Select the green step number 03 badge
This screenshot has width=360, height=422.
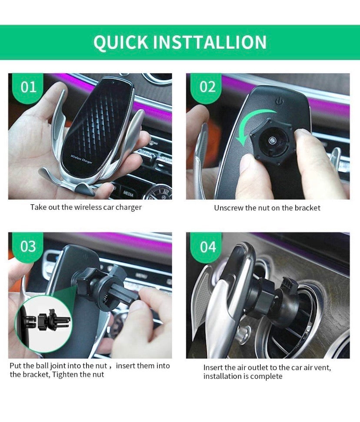(28, 246)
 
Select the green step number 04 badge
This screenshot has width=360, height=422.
(208, 247)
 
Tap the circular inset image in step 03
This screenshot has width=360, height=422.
(43, 322)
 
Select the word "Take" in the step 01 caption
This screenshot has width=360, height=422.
(38, 207)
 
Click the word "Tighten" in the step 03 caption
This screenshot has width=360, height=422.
(65, 374)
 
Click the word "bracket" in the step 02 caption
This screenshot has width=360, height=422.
(307, 208)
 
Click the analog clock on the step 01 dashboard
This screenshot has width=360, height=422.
(161, 192)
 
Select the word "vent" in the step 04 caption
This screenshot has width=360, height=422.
(322, 368)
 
